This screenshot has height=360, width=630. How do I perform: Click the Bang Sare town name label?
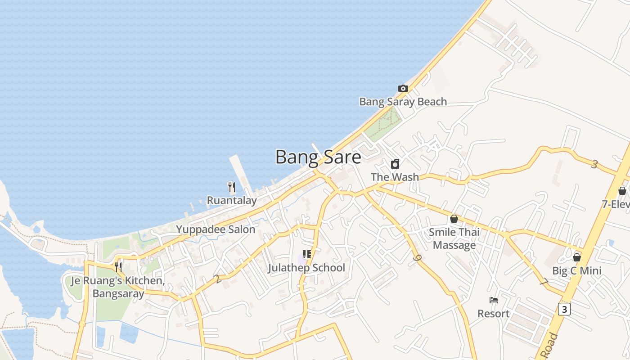click(x=318, y=157)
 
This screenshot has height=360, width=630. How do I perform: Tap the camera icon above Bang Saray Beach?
click(x=403, y=88)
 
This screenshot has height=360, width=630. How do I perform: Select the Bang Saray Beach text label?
click(x=403, y=102)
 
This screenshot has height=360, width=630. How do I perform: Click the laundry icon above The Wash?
click(x=395, y=164)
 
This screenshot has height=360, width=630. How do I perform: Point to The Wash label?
click(x=395, y=177)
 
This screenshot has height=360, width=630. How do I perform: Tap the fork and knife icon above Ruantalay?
click(x=232, y=187)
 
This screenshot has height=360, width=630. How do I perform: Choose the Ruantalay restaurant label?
click(x=232, y=200)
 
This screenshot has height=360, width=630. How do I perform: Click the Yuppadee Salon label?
click(x=216, y=229)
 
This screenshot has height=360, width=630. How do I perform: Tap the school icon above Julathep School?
click(x=307, y=255)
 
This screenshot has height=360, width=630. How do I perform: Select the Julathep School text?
click(x=306, y=268)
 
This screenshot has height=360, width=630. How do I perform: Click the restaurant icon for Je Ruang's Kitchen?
click(x=118, y=267)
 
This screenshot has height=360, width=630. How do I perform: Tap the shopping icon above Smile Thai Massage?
click(x=454, y=219)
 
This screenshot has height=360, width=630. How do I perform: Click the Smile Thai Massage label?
click(x=454, y=238)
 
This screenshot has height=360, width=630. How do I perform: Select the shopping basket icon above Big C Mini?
click(x=577, y=257)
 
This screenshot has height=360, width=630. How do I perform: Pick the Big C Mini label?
click(x=576, y=271)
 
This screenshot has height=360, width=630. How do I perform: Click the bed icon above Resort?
click(x=494, y=300)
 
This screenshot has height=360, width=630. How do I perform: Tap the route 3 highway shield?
click(x=564, y=309)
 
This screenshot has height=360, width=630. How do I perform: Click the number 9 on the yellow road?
click(x=418, y=258)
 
